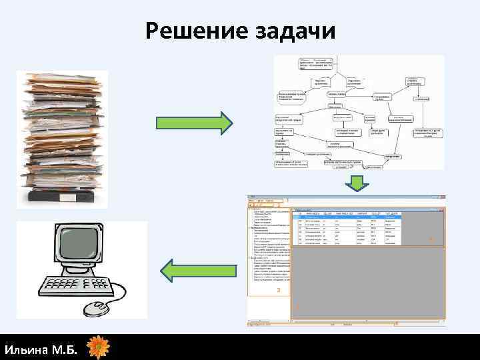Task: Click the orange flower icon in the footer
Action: [98, 347]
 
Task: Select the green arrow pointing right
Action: [194, 123]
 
